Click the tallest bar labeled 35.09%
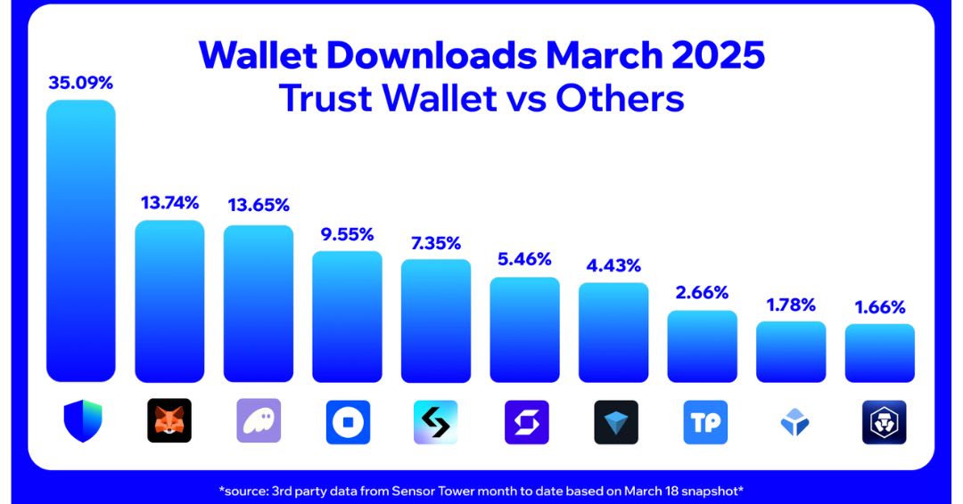click(80, 240)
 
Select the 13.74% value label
click(169, 202)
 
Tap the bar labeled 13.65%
click(259, 303)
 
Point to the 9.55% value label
click(347, 234)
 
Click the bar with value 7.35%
click(436, 321)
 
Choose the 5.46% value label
click(524, 259)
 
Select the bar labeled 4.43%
click(613, 332)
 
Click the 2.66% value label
click(703, 292)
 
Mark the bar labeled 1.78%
click(791, 352)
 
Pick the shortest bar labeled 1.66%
click(880, 353)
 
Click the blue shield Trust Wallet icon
click(83, 421)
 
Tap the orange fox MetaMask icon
click(169, 421)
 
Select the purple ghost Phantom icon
click(259, 421)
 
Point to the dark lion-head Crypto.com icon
click(884, 421)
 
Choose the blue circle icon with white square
click(347, 421)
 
